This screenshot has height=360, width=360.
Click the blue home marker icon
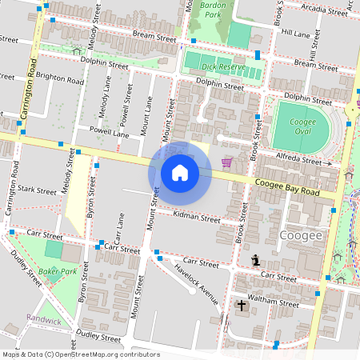point(180,173)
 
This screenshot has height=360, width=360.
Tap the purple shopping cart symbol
point(227,162)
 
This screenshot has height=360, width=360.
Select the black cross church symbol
point(242,306)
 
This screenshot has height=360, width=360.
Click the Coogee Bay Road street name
point(287,188)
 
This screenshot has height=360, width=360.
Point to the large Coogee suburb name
point(302,235)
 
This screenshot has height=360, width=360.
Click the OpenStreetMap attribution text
point(81,354)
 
